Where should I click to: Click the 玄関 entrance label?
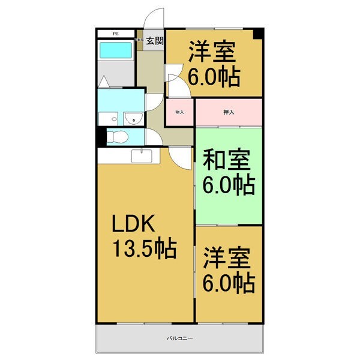(x=155, y=41)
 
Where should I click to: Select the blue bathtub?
(x=115, y=50)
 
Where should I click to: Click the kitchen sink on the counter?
(x=142, y=157)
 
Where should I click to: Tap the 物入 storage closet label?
(x=179, y=112)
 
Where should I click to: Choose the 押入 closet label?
(x=229, y=112)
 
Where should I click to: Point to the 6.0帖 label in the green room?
(x=229, y=184)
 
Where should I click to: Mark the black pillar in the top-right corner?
(x=258, y=34)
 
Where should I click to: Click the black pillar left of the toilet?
(x=100, y=137)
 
